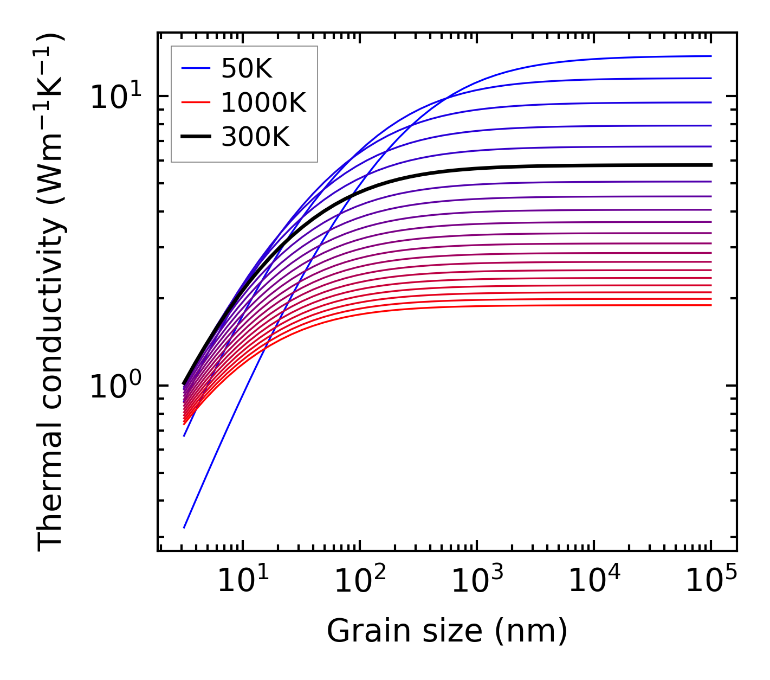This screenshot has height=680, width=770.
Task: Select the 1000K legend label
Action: [x=263, y=102]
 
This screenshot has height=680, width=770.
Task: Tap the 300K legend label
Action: [x=255, y=137]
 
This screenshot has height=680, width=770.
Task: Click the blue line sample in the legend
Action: [x=195, y=68]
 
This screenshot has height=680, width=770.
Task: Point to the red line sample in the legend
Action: [x=195, y=102]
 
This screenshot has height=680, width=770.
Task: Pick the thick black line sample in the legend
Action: [x=195, y=137]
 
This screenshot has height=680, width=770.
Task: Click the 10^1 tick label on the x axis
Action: [x=243, y=581]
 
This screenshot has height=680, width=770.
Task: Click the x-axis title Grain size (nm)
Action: [x=447, y=631]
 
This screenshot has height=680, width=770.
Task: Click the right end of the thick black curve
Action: [x=710, y=165]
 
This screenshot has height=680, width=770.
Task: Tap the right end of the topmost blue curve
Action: [x=710, y=56]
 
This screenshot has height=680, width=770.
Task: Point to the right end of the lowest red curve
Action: [x=710, y=305]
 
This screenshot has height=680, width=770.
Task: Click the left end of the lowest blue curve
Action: [x=184, y=527]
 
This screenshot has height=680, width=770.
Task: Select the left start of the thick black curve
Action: [x=184, y=384]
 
